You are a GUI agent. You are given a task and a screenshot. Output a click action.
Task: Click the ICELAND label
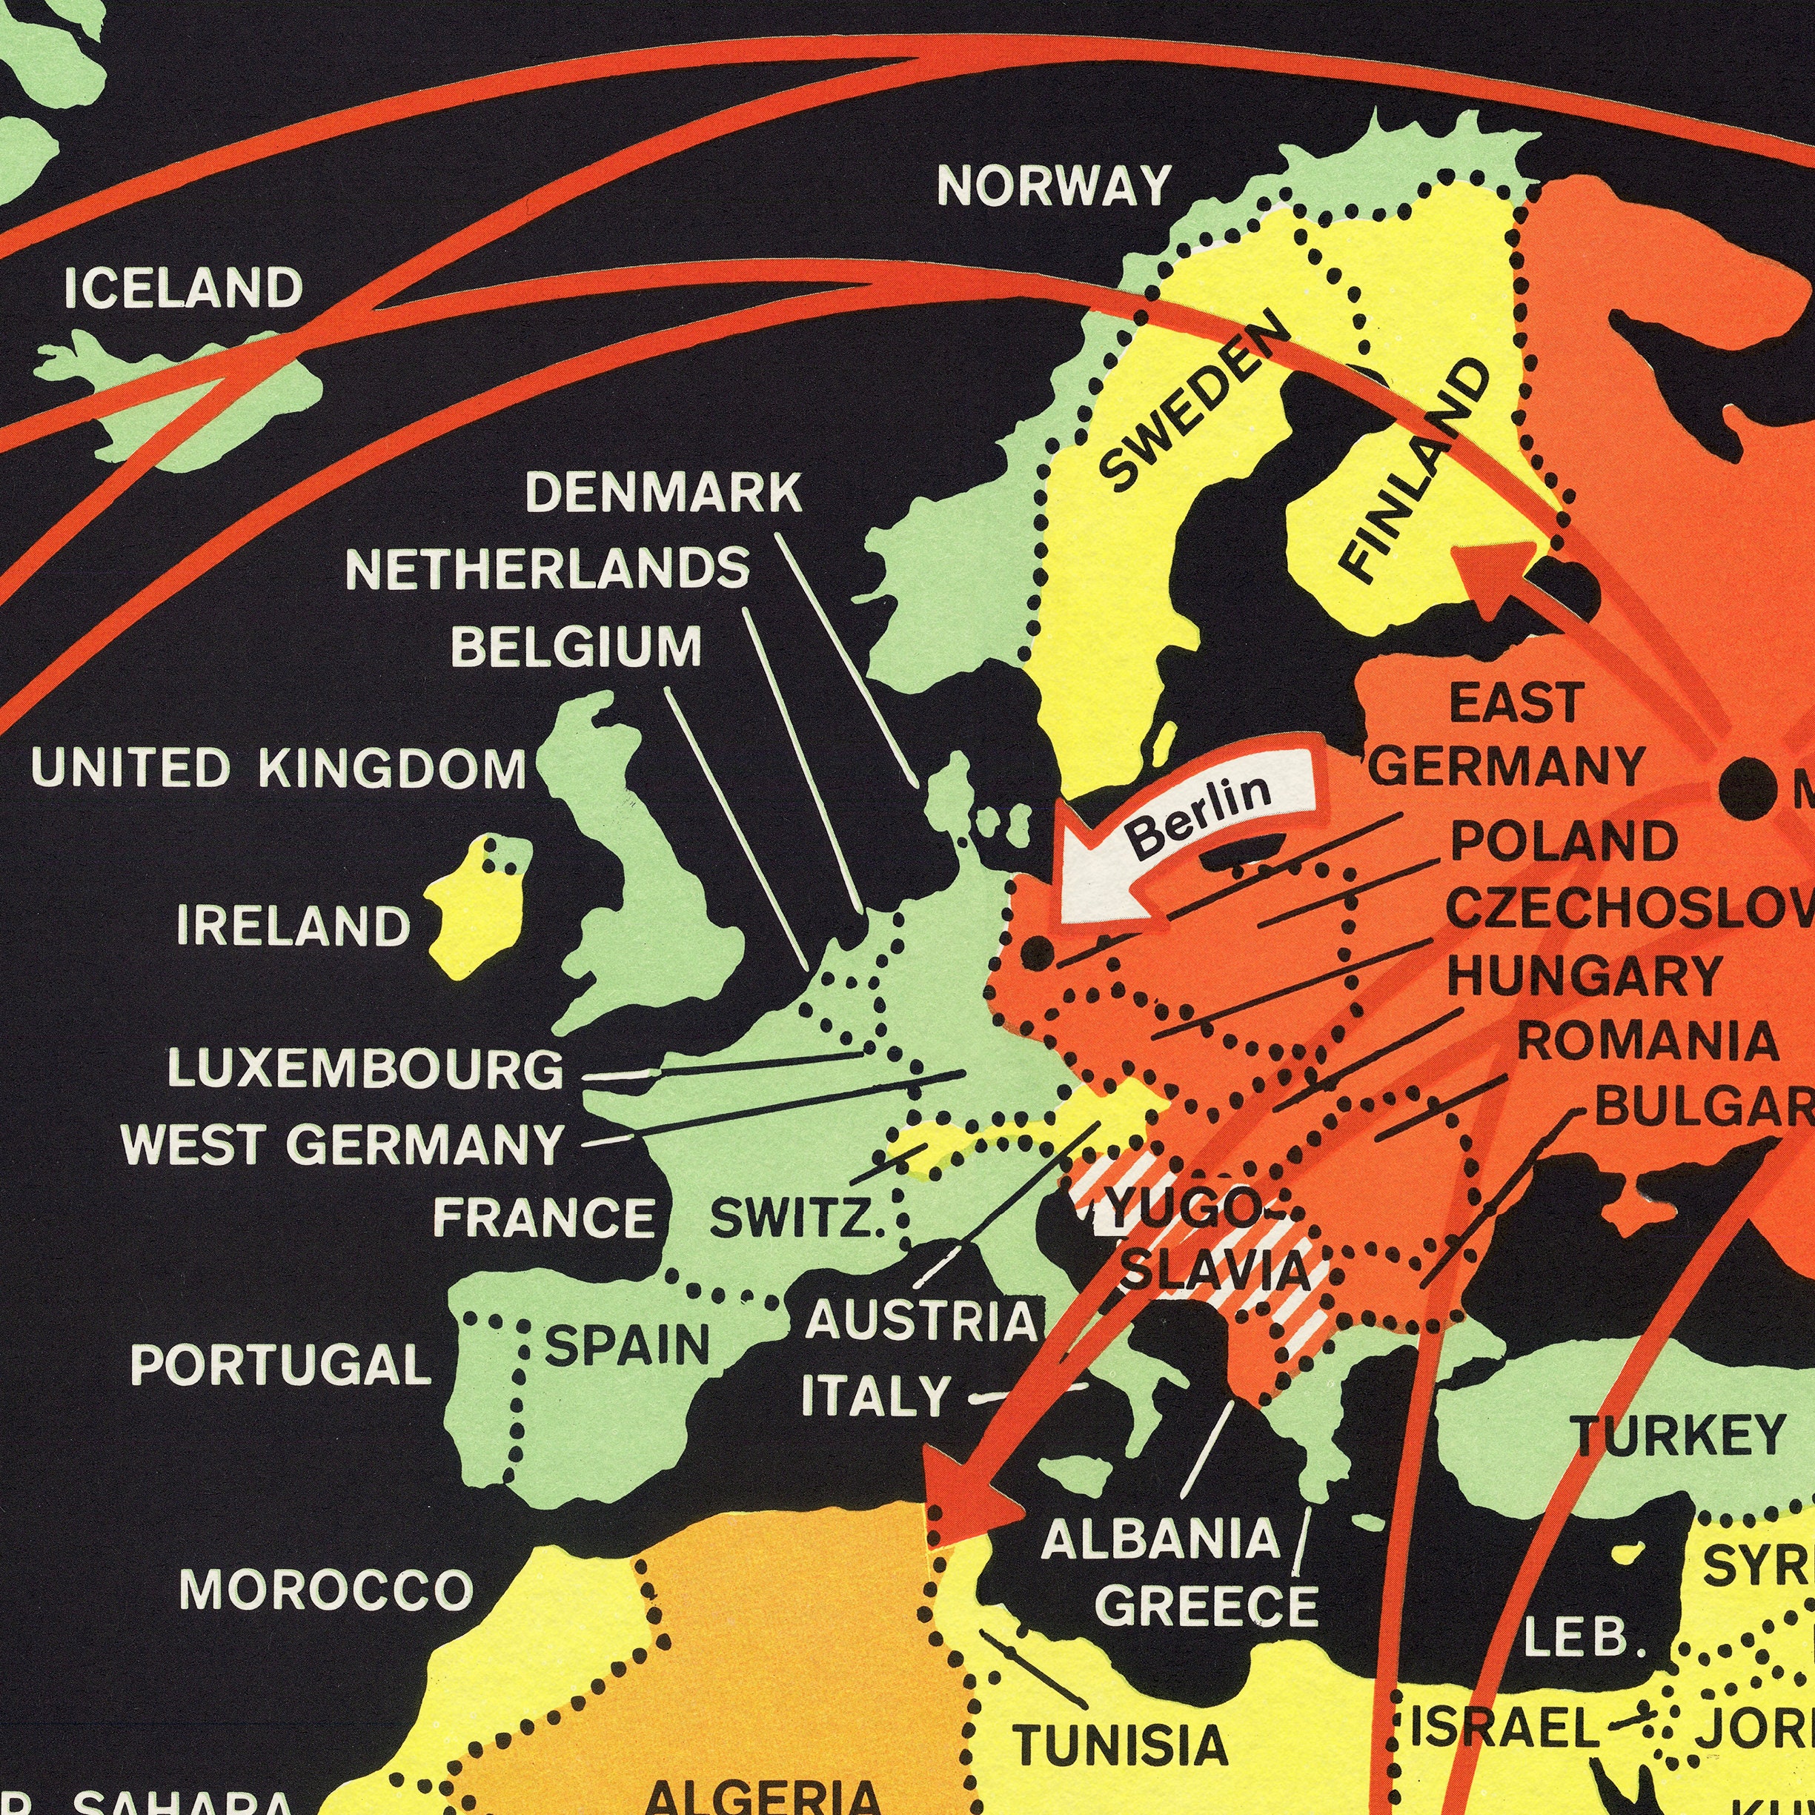184,287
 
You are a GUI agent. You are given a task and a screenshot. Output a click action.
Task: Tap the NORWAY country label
1053,186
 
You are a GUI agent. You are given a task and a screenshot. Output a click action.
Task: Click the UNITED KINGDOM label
279,769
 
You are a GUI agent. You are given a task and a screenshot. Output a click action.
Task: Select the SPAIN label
628,1345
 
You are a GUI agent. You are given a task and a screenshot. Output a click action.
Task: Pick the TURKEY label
1679,1435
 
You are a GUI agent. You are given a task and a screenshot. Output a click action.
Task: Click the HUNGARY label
1585,976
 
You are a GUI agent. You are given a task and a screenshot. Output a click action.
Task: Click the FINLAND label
1416,470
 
